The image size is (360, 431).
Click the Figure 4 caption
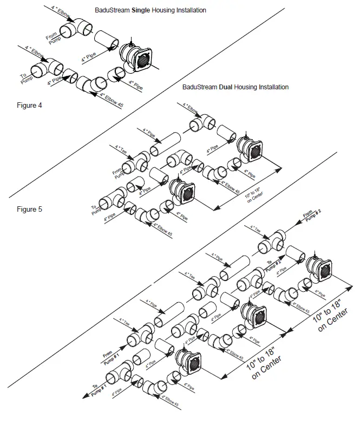(x=29, y=105)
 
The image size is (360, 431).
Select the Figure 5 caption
(x=29, y=208)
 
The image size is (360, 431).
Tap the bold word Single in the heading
(x=143, y=10)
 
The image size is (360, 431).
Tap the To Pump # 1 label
(x=97, y=391)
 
